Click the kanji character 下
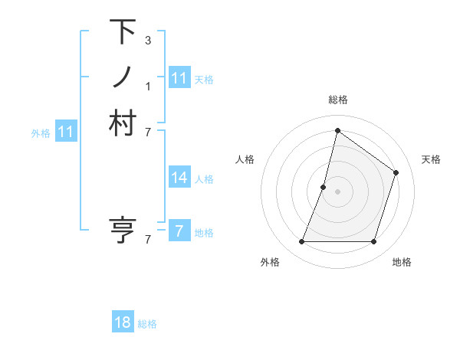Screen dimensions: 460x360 click(123, 32)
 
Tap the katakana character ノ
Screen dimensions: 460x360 click(123, 77)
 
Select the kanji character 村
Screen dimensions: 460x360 click(123, 123)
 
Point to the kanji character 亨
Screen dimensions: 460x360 click(123, 230)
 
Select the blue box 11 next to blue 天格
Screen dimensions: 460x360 click(179, 78)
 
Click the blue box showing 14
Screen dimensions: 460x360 click(179, 178)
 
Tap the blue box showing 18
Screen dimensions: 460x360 click(123, 322)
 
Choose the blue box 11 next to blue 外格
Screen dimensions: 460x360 click(66, 132)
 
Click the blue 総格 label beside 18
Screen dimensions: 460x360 click(147, 324)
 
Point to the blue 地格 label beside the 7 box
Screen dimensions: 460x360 click(204, 233)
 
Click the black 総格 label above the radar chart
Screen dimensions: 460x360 click(337, 100)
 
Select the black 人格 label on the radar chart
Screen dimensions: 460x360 click(245, 159)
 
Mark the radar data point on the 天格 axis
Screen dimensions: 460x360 click(396, 172)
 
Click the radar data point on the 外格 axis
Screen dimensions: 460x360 click(301, 242)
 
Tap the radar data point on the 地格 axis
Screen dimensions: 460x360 click(373, 242)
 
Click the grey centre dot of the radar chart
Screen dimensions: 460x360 click(337, 191)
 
